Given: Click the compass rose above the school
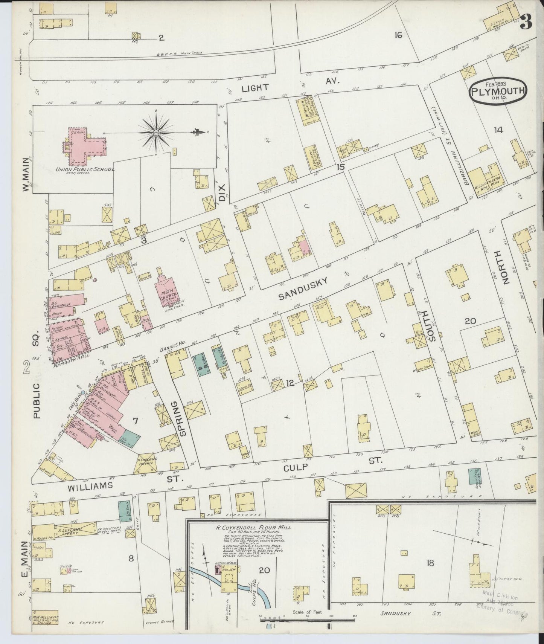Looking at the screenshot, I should pos(155,132).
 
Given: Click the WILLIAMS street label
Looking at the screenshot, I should pos(90,486).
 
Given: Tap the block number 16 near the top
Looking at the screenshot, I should pos(398,35).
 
